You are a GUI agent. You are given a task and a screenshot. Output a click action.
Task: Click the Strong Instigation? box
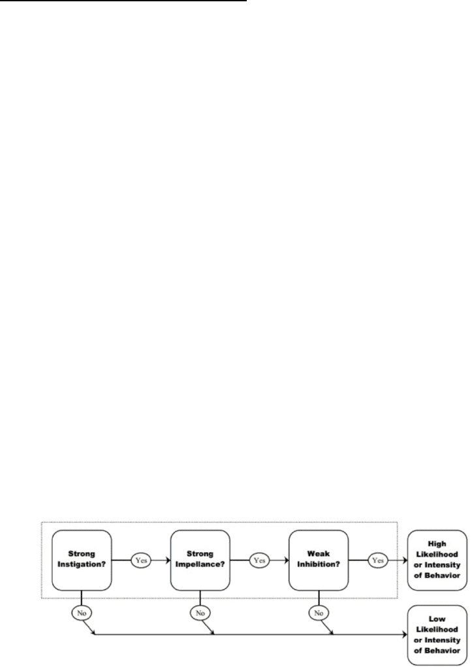coord(82,561)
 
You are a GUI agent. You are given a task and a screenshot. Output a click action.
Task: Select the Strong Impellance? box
coord(200,561)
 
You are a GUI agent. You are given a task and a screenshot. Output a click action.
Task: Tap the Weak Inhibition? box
coord(319,561)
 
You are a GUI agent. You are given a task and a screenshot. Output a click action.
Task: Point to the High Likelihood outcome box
coord(437,561)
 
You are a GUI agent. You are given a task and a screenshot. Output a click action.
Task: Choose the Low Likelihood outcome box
coord(437,635)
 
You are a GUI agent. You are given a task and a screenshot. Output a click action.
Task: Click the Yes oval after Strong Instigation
coord(141,561)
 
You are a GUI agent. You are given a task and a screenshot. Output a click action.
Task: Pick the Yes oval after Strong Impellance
coord(259,561)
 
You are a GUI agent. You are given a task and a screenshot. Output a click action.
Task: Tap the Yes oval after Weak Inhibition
coord(378,561)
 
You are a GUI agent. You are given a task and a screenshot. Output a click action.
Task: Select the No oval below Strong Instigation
coord(82,613)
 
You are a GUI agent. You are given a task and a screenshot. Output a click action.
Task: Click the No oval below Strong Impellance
coord(200,613)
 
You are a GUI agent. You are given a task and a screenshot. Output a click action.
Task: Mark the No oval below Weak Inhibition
coord(319,613)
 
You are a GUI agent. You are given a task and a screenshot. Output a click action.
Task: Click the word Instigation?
coord(82,565)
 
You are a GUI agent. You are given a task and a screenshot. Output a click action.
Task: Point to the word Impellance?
coord(200,565)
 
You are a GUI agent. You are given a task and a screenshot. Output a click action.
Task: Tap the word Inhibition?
coord(319,565)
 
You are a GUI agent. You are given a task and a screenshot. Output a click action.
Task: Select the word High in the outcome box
coord(437,544)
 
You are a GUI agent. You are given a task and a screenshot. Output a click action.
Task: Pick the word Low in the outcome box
coord(437,619)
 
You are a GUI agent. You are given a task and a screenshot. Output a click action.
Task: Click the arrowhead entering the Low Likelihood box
coord(404,635)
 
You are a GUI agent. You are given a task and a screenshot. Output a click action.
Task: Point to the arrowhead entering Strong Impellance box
coord(168,561)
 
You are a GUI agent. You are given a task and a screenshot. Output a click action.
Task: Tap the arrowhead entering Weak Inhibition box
coord(286,561)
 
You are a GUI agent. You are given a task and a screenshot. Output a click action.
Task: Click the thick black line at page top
coord(123,1)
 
